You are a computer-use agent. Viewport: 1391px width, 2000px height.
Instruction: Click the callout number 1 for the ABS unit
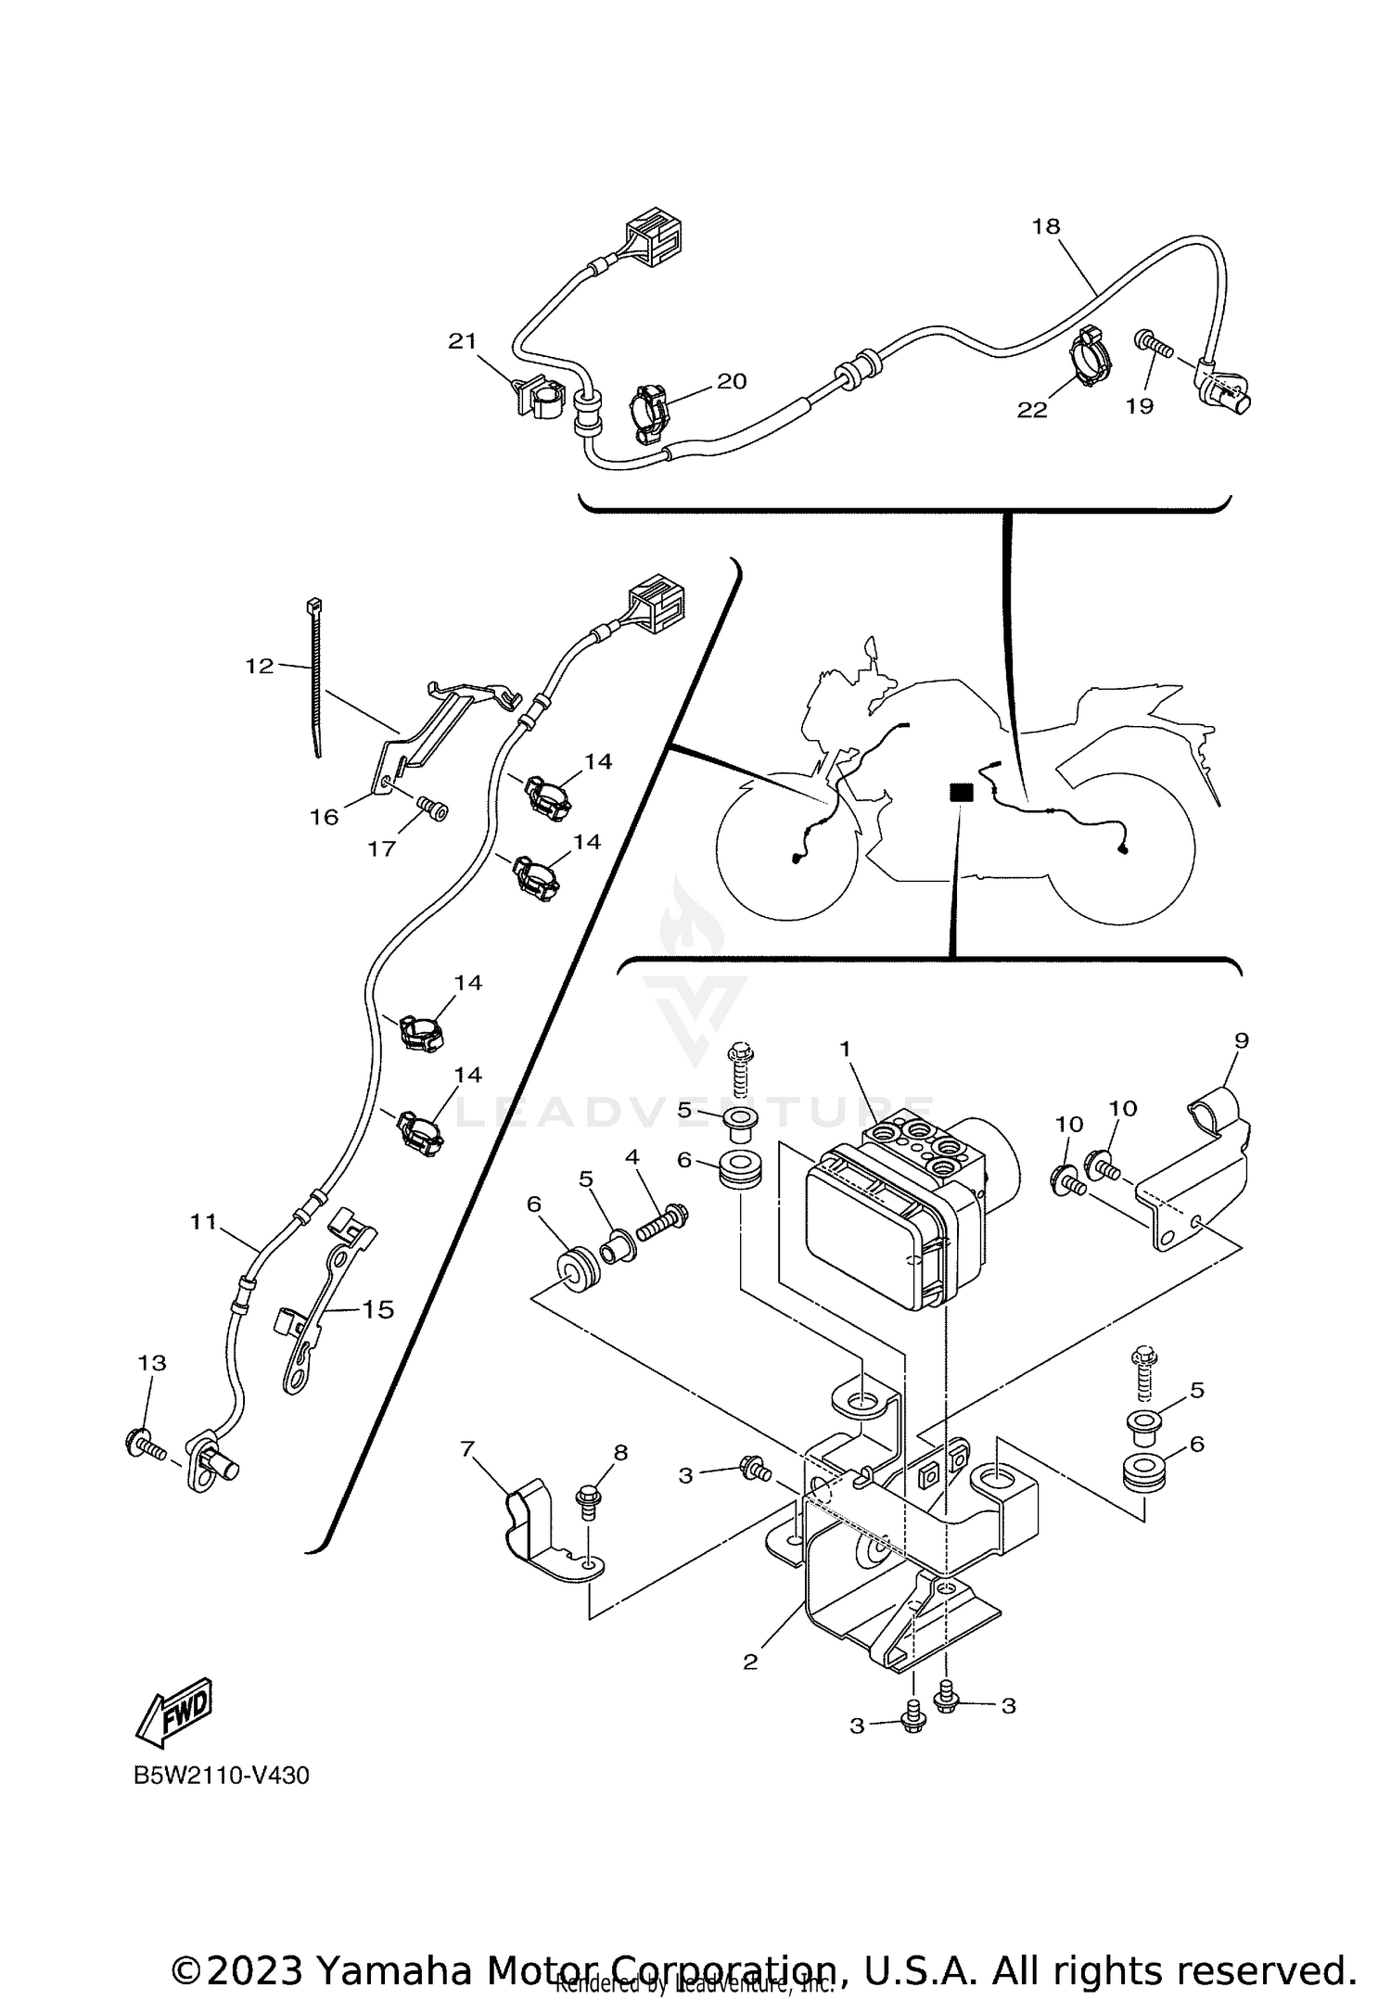[845, 1048]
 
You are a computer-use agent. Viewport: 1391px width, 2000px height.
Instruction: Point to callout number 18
[1045, 226]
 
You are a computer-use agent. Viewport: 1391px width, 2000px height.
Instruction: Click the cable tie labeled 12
[315, 677]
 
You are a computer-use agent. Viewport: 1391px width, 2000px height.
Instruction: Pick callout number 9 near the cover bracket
[1242, 1040]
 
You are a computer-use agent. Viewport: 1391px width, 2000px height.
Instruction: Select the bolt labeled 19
[1154, 346]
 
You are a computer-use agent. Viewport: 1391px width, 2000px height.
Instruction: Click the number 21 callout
[462, 341]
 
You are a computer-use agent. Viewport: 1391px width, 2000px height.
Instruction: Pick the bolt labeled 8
[587, 1499]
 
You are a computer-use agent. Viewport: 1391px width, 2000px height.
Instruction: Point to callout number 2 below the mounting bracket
[750, 1662]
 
